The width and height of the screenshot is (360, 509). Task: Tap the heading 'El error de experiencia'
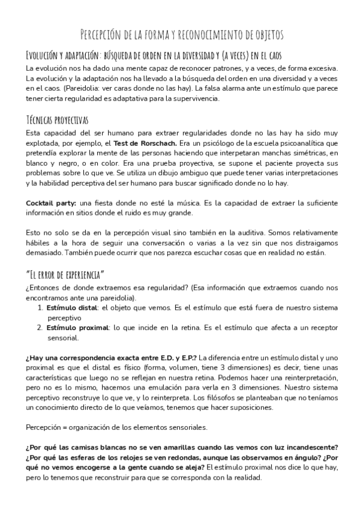pyautogui.click(x=66, y=275)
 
